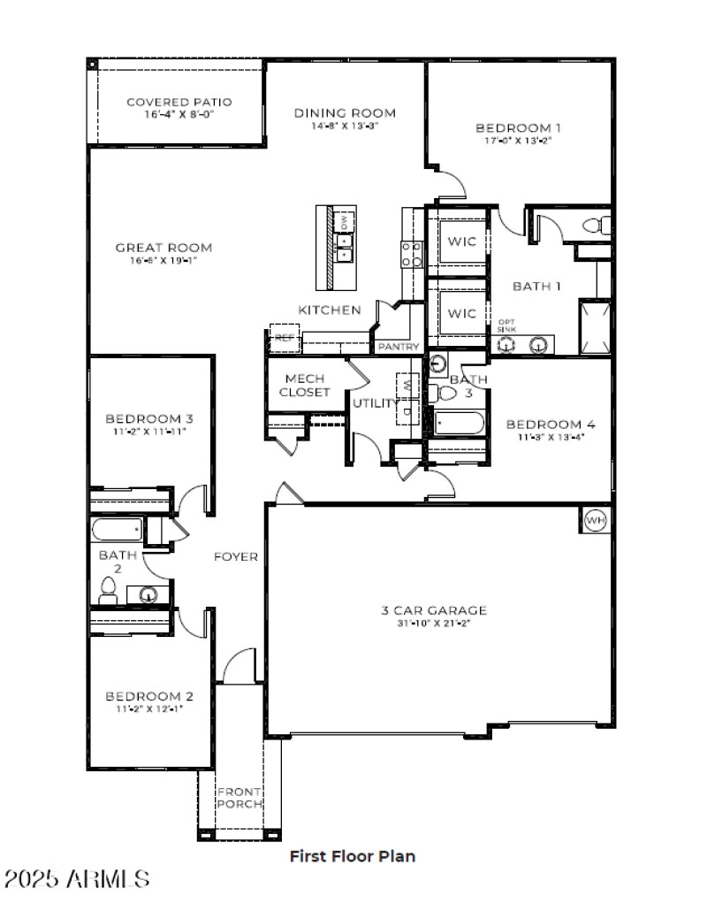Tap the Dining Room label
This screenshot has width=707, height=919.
pyautogui.click(x=345, y=113)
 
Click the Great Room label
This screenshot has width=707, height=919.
pyautogui.click(x=163, y=248)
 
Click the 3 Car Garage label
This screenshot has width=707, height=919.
pyautogui.click(x=434, y=610)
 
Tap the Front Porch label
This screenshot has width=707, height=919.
pyautogui.click(x=239, y=797)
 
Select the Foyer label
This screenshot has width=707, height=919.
pyautogui.click(x=236, y=556)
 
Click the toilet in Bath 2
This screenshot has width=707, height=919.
pyautogui.click(x=108, y=591)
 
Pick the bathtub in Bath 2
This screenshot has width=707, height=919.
pyautogui.click(x=117, y=531)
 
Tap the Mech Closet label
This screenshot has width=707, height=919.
pyautogui.click(x=305, y=385)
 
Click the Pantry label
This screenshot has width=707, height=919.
pyautogui.click(x=398, y=347)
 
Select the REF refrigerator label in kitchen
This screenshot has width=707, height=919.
pyautogui.click(x=283, y=338)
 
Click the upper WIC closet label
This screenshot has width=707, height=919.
pyautogui.click(x=460, y=241)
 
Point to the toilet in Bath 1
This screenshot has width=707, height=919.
pyautogui.click(x=601, y=226)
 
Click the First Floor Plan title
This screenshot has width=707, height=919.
pyautogui.click(x=353, y=855)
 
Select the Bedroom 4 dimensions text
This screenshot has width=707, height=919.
pyautogui.click(x=546, y=437)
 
